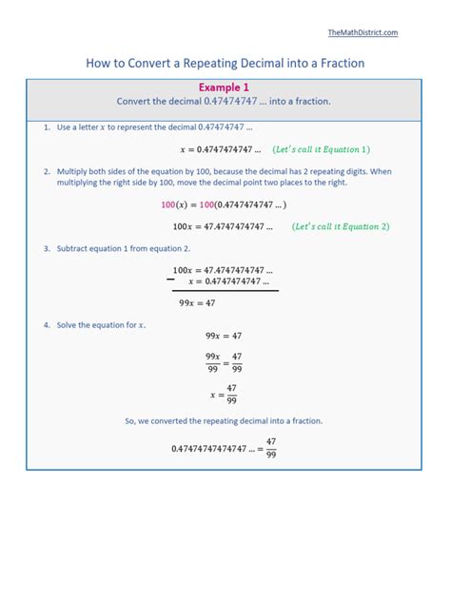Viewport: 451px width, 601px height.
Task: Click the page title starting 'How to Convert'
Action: click(x=225, y=64)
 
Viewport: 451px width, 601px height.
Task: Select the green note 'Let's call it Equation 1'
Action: click(x=321, y=149)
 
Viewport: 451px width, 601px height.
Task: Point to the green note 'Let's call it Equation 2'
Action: click(x=341, y=227)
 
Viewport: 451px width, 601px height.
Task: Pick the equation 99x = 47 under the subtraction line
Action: click(x=197, y=302)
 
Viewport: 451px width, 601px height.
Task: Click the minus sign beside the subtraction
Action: click(x=171, y=279)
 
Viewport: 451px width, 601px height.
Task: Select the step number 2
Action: click(x=46, y=171)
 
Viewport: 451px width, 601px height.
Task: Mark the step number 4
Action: click(x=46, y=325)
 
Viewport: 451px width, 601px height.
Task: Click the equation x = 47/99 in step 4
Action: click(x=224, y=393)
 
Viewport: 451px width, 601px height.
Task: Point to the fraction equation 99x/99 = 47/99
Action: click(x=224, y=363)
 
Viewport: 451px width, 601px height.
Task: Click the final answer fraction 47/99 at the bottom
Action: click(x=271, y=448)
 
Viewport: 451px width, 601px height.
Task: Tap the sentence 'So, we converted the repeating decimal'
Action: click(x=224, y=420)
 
